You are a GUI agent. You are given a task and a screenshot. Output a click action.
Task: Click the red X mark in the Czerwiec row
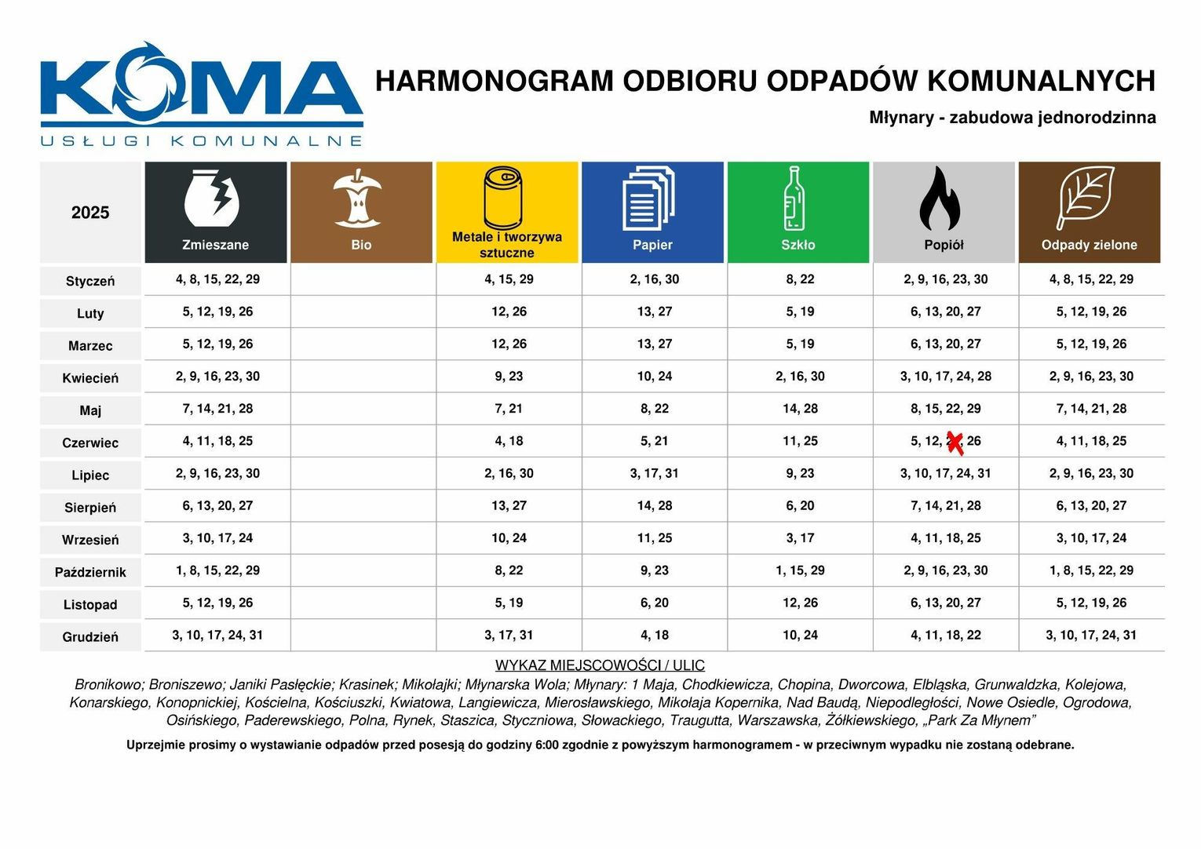[x=955, y=443]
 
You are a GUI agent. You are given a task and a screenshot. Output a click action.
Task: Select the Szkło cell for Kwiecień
[x=800, y=377]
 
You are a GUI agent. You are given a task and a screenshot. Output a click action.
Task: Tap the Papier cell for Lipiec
[x=654, y=474]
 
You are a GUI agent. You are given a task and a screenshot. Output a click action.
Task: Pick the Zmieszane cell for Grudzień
[x=217, y=636]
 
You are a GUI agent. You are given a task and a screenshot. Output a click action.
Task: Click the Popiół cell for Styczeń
[x=945, y=279]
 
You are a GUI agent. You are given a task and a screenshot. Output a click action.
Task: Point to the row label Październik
[x=90, y=573]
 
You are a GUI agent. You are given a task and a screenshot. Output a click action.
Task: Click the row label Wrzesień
[x=90, y=541]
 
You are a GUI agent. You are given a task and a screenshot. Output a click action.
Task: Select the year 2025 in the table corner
[x=90, y=213]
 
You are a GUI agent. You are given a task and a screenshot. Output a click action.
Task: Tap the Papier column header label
[x=652, y=245]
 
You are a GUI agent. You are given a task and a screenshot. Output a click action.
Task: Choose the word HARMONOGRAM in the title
[x=495, y=82]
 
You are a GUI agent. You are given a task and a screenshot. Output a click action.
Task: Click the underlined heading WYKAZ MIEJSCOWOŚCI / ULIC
[x=600, y=665]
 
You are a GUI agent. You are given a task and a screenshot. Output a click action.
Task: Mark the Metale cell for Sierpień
[x=509, y=506]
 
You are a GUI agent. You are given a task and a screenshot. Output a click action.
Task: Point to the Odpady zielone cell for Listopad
[x=1090, y=603]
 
